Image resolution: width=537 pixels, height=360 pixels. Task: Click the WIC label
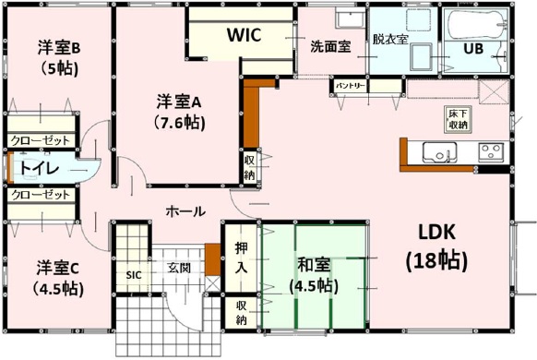[x=245, y=34]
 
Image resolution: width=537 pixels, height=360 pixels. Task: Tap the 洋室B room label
[x=59, y=58]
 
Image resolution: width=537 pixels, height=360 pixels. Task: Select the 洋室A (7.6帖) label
[x=179, y=112]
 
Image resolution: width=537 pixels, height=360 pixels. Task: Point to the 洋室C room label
[x=58, y=278]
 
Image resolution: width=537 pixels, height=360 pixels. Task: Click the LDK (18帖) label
[x=436, y=247]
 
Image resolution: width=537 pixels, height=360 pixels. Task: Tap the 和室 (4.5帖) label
[x=314, y=275]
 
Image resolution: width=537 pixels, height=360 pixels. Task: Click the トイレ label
[x=39, y=168]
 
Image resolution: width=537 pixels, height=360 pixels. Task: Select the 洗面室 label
[x=330, y=46]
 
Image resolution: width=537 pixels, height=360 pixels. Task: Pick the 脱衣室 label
[x=390, y=39]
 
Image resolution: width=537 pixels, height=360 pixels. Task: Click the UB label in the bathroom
[x=473, y=49]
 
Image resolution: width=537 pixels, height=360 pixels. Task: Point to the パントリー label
[x=350, y=86]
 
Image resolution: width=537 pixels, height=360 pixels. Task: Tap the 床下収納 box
[x=458, y=119]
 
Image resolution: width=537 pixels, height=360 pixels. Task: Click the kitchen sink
[x=439, y=152]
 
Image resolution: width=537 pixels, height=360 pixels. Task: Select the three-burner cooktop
[x=491, y=152]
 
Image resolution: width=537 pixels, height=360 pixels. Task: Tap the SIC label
[x=134, y=275]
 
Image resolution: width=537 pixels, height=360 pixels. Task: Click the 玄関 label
[x=179, y=268]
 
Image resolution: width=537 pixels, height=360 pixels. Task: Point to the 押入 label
[x=241, y=258]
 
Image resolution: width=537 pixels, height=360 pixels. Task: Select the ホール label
[x=185, y=211]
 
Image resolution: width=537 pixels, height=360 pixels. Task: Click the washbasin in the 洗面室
[x=351, y=18]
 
